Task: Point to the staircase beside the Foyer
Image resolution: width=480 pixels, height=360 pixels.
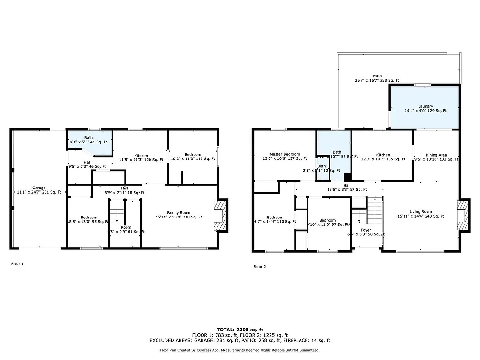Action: [368, 212]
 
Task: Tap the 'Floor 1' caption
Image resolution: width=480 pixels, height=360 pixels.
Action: [17, 264]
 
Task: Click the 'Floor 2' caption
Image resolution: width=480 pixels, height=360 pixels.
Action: [260, 267]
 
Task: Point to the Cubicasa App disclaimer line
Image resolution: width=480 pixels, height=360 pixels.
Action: [240, 350]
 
